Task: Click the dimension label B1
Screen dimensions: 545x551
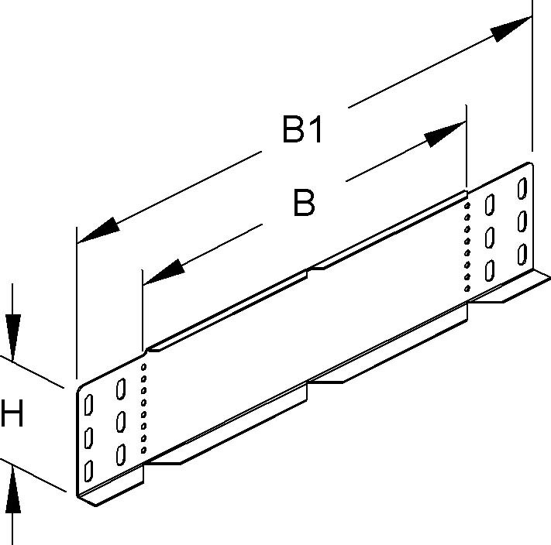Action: (x=302, y=130)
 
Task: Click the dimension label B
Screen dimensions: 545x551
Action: (x=304, y=204)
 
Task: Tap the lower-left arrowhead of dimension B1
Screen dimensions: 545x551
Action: (x=98, y=231)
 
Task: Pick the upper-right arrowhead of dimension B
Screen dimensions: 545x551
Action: (x=445, y=133)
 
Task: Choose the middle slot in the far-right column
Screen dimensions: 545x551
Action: (x=522, y=220)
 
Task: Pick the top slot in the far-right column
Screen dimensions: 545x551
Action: (x=523, y=189)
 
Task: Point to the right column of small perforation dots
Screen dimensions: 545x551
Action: (x=467, y=244)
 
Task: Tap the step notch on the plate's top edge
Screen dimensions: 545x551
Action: (x=311, y=269)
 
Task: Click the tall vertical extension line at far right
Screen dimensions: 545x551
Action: (x=532, y=77)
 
